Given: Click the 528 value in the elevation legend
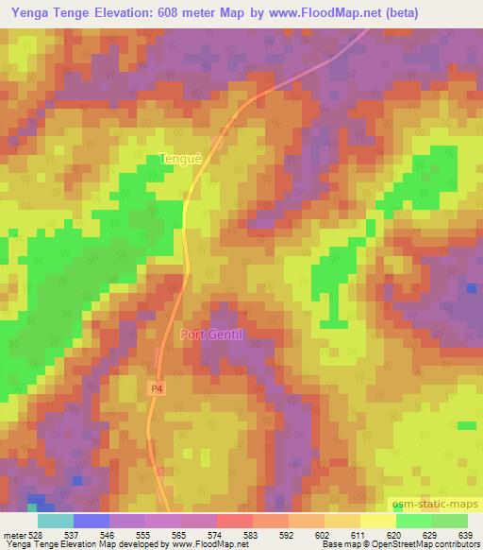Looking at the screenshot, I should pyautogui.click(x=35, y=536).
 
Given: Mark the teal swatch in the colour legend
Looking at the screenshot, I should pyautogui.click(x=56, y=521).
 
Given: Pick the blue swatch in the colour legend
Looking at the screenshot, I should pyautogui.click(x=92, y=521).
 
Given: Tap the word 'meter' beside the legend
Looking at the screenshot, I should pyautogui.click(x=14, y=536).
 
